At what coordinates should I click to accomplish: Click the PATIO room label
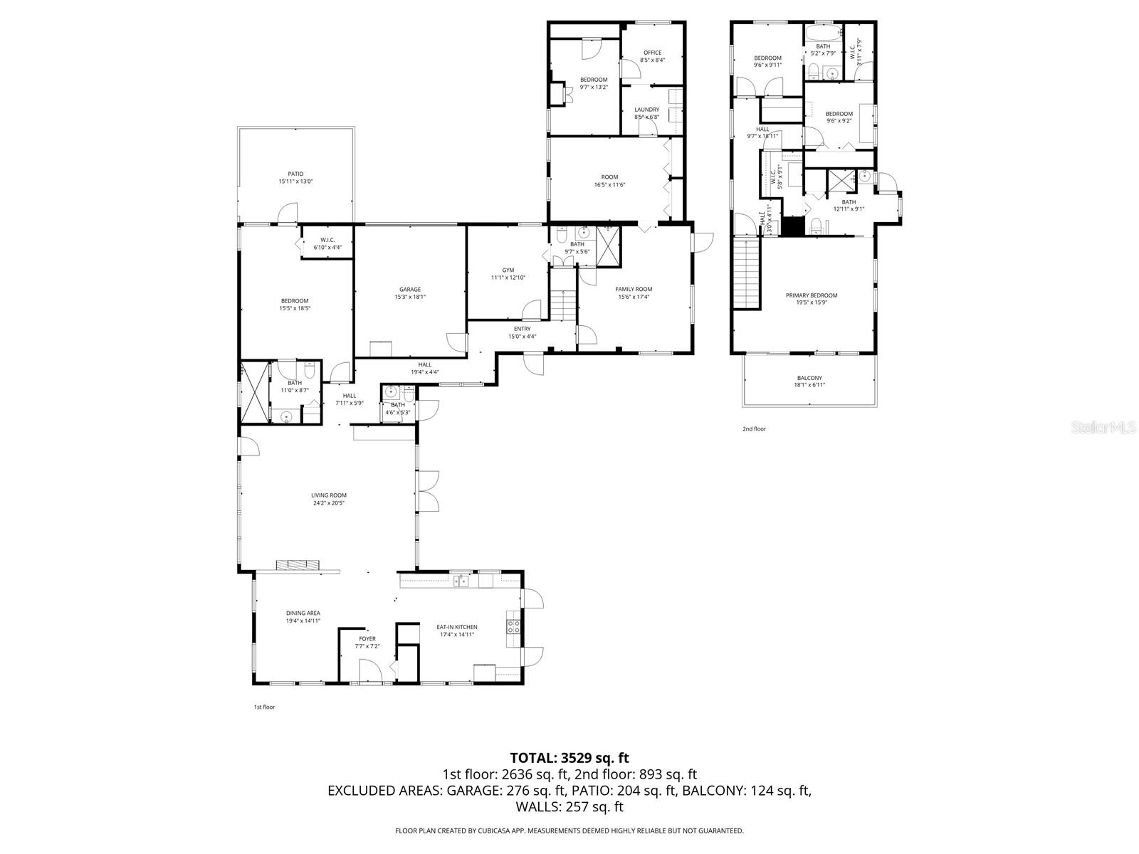click(x=295, y=174)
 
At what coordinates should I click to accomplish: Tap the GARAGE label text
click(x=410, y=290)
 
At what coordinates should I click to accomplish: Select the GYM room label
click(x=508, y=270)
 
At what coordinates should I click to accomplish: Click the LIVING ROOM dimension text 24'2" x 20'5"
click(x=329, y=503)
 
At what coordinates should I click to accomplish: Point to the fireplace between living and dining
click(x=298, y=565)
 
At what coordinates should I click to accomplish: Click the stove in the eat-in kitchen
click(x=513, y=626)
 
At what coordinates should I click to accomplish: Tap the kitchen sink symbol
click(x=462, y=581)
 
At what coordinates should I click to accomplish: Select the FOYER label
click(x=367, y=639)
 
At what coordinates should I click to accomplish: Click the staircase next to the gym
click(x=562, y=304)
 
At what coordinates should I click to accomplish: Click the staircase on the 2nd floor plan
click(x=747, y=274)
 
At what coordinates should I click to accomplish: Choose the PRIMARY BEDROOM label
click(x=812, y=295)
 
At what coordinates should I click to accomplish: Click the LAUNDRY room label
click(x=646, y=110)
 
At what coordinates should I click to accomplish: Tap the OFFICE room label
click(x=652, y=53)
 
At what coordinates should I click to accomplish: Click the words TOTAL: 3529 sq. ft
click(x=569, y=758)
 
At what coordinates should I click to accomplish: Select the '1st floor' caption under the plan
click(x=264, y=707)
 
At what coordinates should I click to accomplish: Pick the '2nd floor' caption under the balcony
click(x=755, y=429)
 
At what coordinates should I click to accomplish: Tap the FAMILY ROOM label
click(x=634, y=289)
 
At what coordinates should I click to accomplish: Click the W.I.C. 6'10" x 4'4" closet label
click(x=327, y=240)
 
